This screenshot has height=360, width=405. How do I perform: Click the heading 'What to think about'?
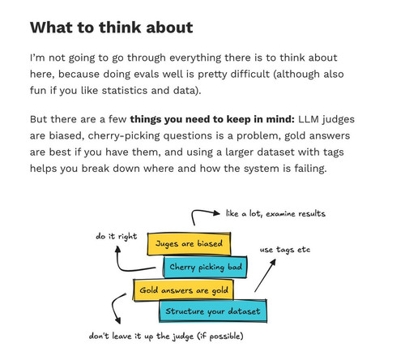pos(112,28)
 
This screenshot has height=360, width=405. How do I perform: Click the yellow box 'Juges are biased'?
pos(189,244)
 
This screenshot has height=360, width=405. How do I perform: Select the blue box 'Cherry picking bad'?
pos(205,267)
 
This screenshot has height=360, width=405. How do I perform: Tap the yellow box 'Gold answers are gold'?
pos(184,290)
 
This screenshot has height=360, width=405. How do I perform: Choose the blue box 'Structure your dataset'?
pos(213,311)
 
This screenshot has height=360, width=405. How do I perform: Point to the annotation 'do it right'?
pos(117,237)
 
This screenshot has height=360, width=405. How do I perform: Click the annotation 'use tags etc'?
pos(285,250)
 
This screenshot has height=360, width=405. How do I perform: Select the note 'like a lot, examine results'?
pos(275,214)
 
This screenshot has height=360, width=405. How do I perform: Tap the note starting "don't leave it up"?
pos(166,336)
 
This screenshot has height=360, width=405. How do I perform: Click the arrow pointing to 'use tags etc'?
pos(265,276)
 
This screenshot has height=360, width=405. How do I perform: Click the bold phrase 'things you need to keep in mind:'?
pos(212,119)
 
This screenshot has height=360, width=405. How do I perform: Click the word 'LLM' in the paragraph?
pos(309,119)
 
